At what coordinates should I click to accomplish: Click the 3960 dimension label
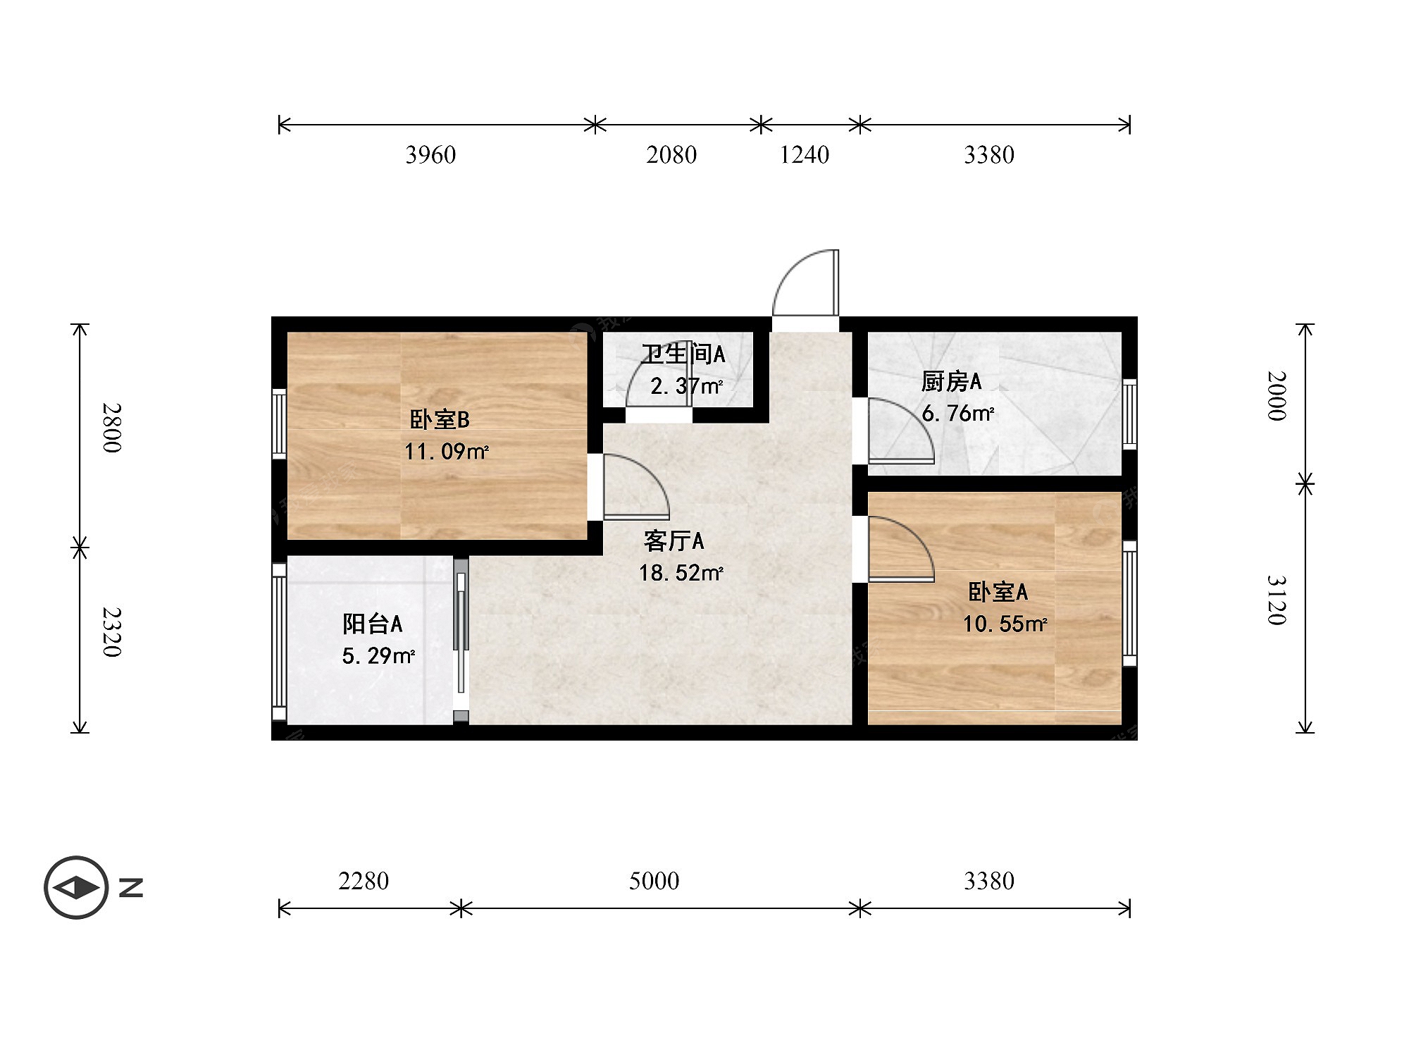[x=430, y=155]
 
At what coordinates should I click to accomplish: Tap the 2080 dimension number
[x=671, y=155]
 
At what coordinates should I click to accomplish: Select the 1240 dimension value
[x=805, y=155]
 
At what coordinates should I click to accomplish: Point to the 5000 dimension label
[x=654, y=881]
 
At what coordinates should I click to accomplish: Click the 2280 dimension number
[x=364, y=881]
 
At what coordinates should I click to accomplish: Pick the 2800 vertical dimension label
[x=112, y=428]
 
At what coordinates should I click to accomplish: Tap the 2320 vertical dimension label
[x=112, y=632]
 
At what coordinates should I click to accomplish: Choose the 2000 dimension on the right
[x=1277, y=396]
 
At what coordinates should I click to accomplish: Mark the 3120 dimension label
[x=1277, y=600]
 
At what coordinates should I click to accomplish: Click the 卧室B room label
[x=440, y=420]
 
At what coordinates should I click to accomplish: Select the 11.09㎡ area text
[x=447, y=452]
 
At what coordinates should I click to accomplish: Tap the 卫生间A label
[x=683, y=354]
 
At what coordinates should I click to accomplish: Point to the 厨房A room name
[x=951, y=382]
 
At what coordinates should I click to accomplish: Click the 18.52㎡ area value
[x=681, y=573]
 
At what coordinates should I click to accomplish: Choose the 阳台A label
[x=373, y=624]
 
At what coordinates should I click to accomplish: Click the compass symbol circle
[x=76, y=887]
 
